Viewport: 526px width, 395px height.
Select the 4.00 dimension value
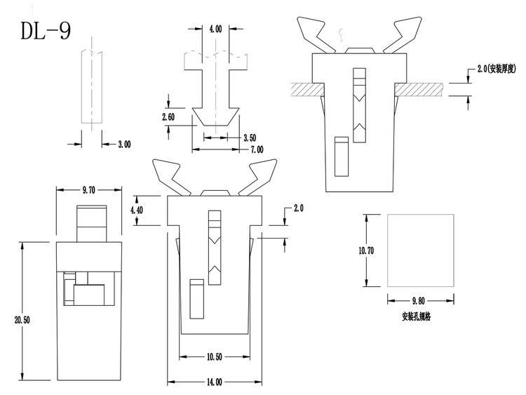215,29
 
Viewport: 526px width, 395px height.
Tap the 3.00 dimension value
124,144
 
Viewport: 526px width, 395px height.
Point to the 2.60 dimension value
168,116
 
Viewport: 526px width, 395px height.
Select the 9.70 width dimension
89,190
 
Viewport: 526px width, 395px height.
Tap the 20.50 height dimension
22,320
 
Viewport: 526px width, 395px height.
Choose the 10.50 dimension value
215,356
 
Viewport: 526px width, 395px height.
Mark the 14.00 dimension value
215,382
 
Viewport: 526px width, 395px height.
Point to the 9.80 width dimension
420,299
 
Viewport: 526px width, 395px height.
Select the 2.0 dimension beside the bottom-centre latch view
298,208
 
